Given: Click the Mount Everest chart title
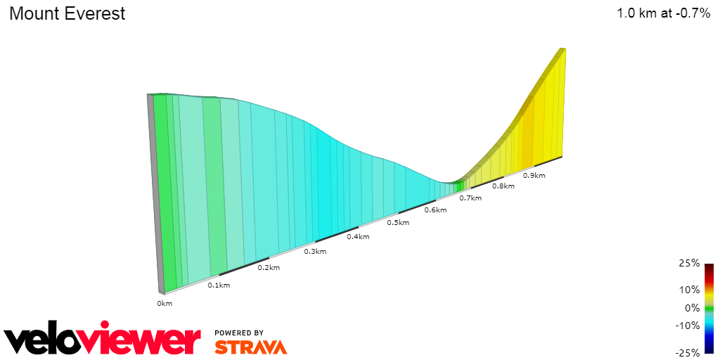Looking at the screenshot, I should (x=67, y=13).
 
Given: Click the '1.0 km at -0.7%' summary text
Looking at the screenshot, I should (x=663, y=13).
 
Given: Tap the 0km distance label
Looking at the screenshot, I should (x=165, y=304).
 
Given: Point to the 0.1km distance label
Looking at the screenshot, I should (x=219, y=285).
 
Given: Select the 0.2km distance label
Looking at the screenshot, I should (x=269, y=267).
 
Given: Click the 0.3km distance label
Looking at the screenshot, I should (x=314, y=251).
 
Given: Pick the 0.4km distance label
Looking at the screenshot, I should (x=358, y=236).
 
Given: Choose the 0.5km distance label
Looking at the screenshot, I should (x=398, y=222).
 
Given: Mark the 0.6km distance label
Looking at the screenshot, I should (x=436, y=210).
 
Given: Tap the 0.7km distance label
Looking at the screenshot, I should (x=470, y=198).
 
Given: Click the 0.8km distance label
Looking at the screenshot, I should (x=503, y=186).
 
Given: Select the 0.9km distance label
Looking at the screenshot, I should (x=534, y=175).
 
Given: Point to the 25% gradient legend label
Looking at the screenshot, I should (x=688, y=263).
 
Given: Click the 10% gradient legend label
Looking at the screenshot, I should (x=688, y=289).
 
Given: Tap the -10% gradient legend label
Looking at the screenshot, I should (x=687, y=325).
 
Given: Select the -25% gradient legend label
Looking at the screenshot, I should (x=687, y=352).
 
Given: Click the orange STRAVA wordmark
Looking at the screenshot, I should (x=250, y=347).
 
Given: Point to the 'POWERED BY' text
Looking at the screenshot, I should (x=239, y=333).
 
